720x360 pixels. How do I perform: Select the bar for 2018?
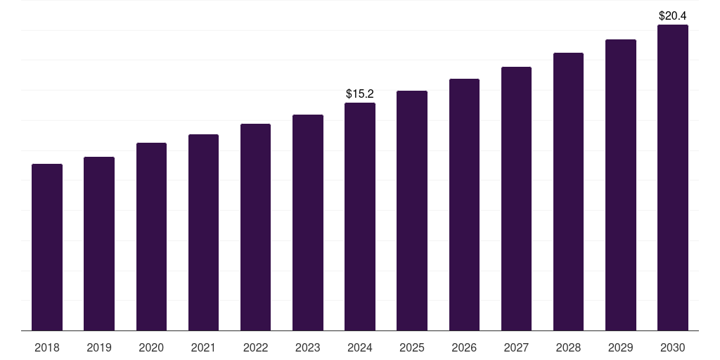point(47,247)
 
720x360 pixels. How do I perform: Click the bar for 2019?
point(99,244)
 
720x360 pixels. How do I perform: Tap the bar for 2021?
point(203,232)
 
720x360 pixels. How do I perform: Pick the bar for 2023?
point(308,223)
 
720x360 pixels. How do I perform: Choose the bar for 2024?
point(360,217)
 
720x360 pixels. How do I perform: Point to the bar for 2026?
point(464,205)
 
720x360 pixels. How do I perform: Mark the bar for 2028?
point(568,191)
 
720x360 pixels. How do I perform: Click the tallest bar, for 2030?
point(673,178)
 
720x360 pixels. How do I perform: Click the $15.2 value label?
point(360,94)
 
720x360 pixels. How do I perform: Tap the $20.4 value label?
point(673,15)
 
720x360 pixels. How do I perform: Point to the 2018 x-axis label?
point(47,347)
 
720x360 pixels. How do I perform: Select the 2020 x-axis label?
point(151,347)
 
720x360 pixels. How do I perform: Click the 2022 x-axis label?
point(255,347)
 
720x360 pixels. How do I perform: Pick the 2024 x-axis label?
point(360,347)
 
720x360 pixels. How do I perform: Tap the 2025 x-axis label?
point(412,347)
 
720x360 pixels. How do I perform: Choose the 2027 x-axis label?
point(516,347)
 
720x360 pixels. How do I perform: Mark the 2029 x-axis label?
point(621,347)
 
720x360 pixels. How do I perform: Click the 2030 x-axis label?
point(673,347)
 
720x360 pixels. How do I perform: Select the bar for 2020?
point(152,237)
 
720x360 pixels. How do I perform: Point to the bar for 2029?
point(621,185)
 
